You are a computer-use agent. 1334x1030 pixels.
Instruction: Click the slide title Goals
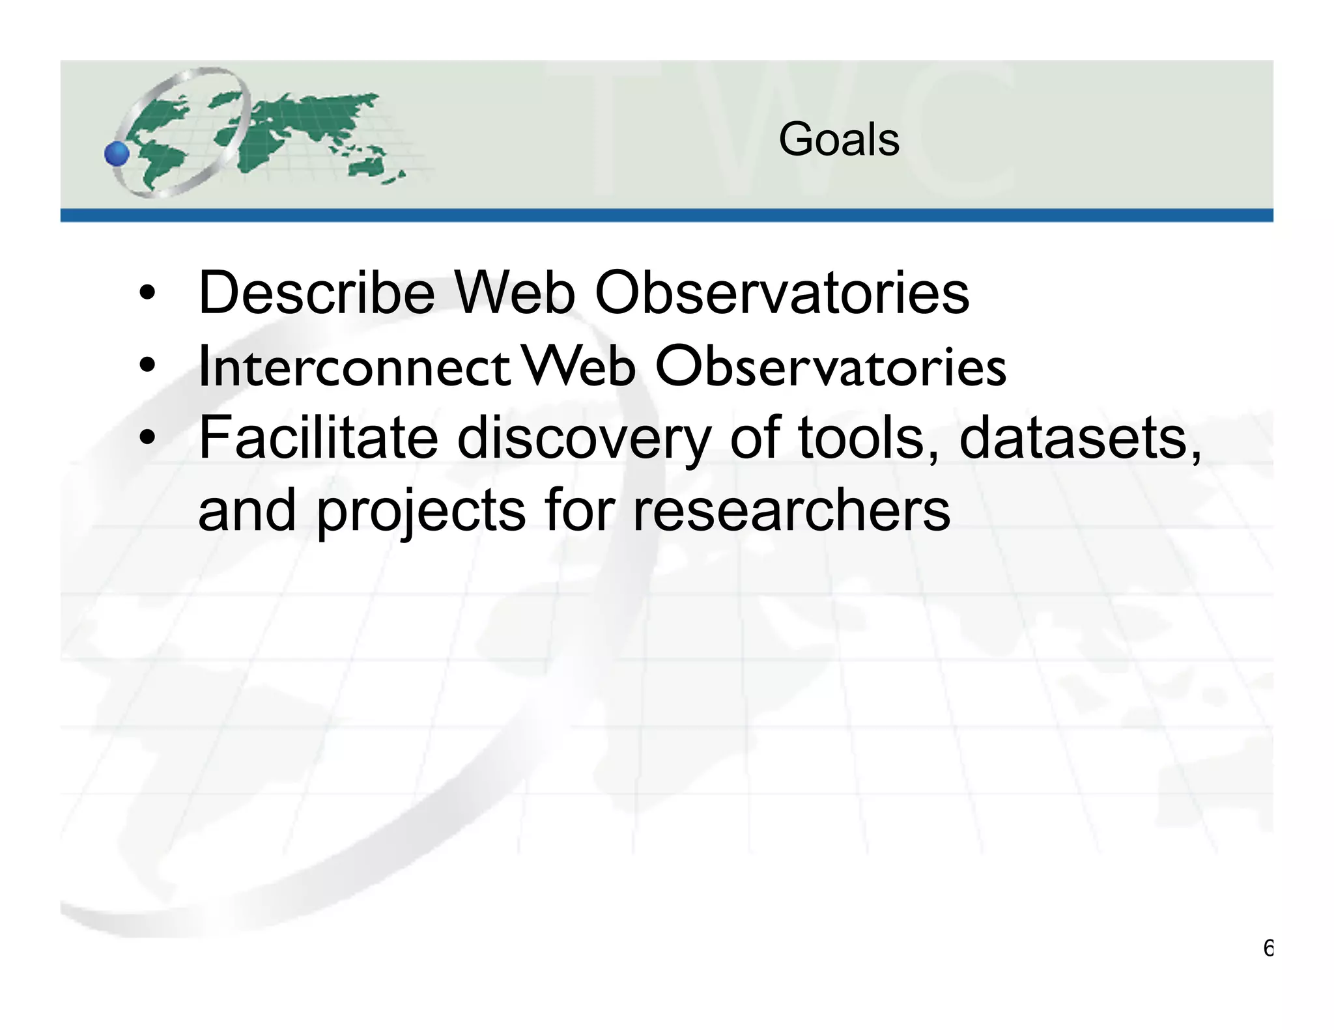[x=838, y=140]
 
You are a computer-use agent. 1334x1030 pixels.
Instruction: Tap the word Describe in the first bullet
[x=317, y=293]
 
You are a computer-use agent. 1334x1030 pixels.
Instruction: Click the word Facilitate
[x=318, y=438]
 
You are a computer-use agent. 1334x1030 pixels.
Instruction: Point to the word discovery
[x=584, y=439]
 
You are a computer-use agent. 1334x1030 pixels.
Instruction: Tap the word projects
[x=421, y=511]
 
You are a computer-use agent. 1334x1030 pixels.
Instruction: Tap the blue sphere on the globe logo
[x=117, y=154]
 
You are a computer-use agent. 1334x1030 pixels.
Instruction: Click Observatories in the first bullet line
[x=782, y=293]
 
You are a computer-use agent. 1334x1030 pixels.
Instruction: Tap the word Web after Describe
[x=514, y=293]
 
